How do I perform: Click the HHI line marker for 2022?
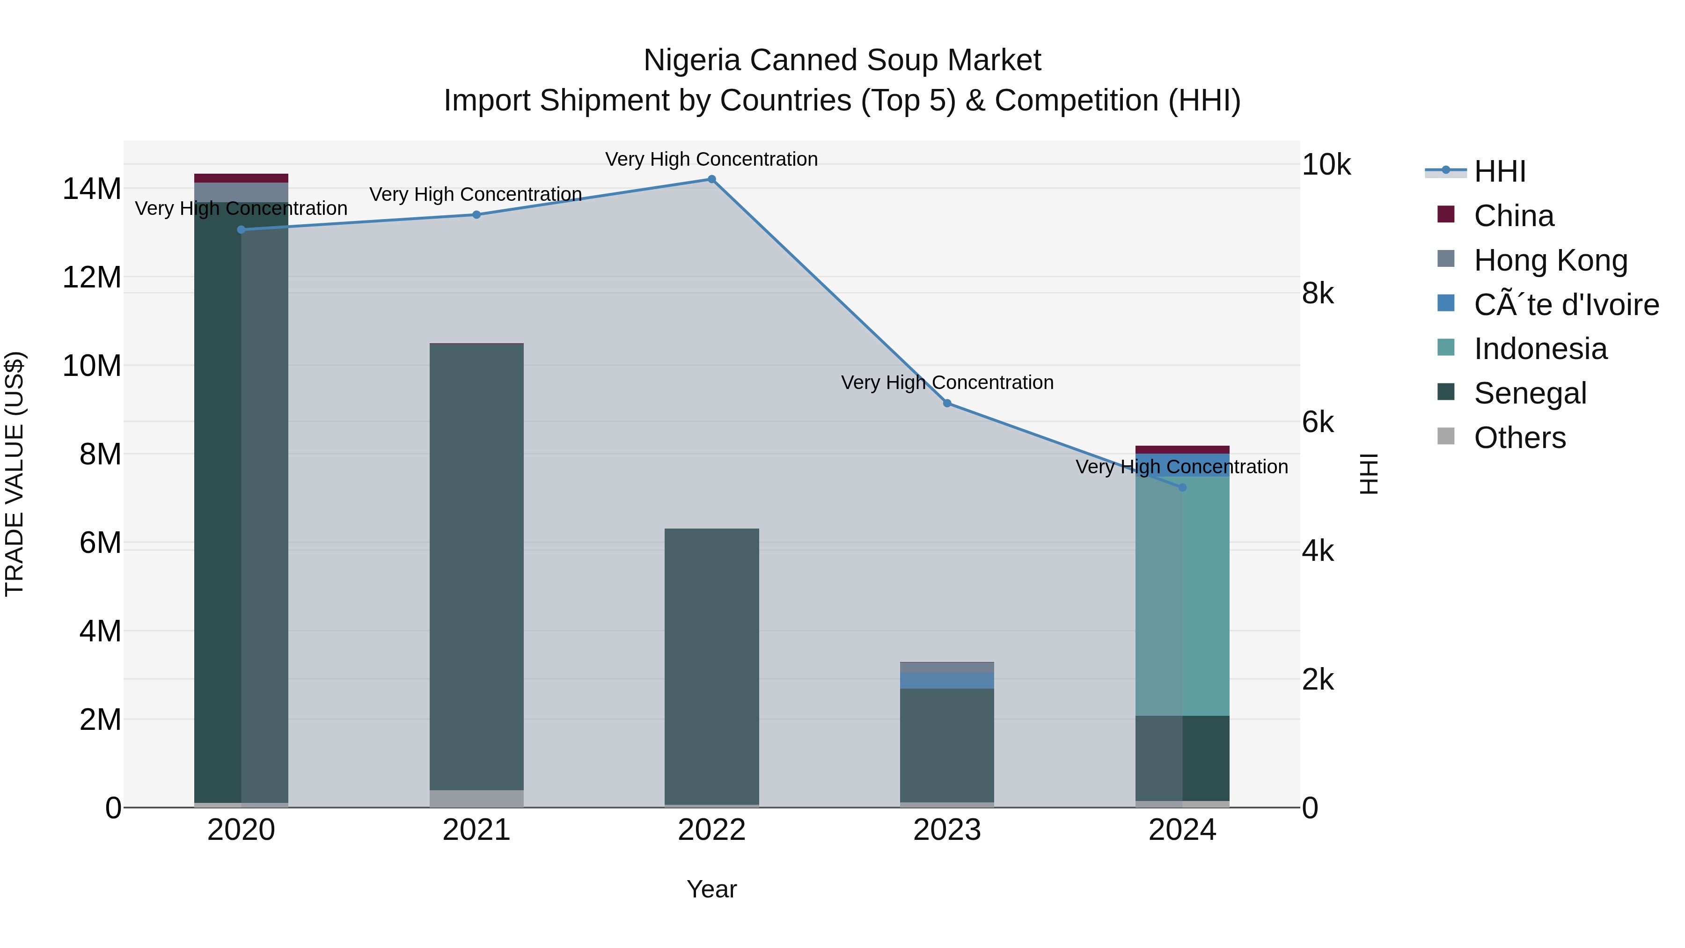pyautogui.click(x=711, y=179)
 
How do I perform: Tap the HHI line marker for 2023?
pyautogui.click(x=947, y=404)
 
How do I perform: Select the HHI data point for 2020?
pyautogui.click(x=242, y=230)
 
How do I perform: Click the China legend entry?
pyautogui.click(x=1514, y=216)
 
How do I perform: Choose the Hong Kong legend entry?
pyautogui.click(x=1550, y=260)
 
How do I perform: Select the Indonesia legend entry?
pyautogui.click(x=1540, y=349)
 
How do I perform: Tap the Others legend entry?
pyautogui.click(x=1519, y=438)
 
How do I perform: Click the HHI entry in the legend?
pyautogui.click(x=1499, y=171)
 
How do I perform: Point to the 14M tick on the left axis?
pyautogui.click(x=92, y=189)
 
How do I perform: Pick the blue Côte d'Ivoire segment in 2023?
pyautogui.click(x=947, y=680)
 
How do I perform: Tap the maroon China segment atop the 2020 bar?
pyautogui.click(x=242, y=178)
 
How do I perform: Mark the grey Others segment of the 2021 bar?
pyautogui.click(x=476, y=798)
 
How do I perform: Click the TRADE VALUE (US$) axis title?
pyautogui.click(x=15, y=474)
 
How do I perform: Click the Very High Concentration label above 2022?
pyautogui.click(x=711, y=160)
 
